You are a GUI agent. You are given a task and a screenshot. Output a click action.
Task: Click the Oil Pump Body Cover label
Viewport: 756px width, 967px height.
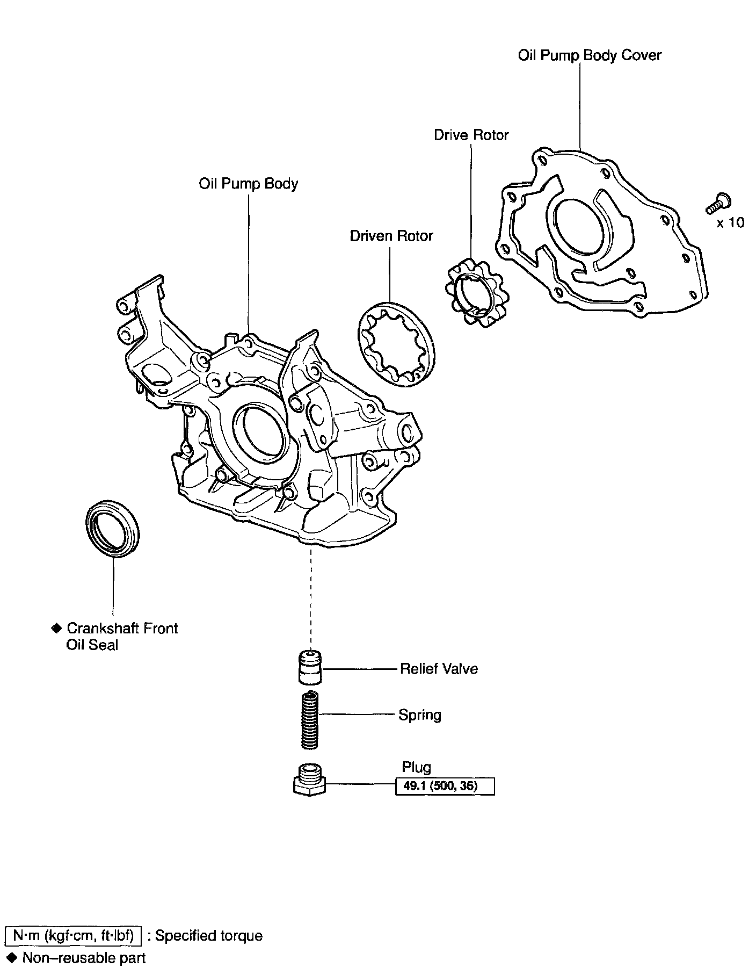pos(589,55)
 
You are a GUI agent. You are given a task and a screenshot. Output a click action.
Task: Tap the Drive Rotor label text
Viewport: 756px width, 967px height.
pos(471,135)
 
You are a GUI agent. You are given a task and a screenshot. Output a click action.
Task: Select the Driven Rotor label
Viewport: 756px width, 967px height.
pos(391,236)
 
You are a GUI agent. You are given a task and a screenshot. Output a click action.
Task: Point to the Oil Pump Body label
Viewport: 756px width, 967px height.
pos(248,184)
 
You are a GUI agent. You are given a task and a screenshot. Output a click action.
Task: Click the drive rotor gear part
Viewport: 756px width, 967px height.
pos(477,293)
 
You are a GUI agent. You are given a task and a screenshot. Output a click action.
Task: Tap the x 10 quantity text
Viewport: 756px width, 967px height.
pos(731,222)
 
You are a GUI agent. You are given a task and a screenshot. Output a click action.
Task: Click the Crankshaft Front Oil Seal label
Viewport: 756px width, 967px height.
pos(121,636)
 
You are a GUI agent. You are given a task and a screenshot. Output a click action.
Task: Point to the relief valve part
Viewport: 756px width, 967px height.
pos(310,668)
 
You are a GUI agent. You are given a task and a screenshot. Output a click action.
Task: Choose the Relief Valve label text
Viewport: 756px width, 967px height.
pos(439,669)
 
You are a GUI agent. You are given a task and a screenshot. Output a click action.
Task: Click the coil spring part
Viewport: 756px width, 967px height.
pos(310,720)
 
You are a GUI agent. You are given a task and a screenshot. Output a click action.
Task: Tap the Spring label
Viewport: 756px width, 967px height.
pos(419,715)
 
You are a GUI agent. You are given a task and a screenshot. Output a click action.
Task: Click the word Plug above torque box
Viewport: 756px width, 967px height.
pos(416,767)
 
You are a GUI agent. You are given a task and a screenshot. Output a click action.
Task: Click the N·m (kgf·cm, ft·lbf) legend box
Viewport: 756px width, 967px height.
pos(73,935)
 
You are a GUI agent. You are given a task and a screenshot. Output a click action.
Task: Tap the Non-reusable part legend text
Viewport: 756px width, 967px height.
pos(84,957)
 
